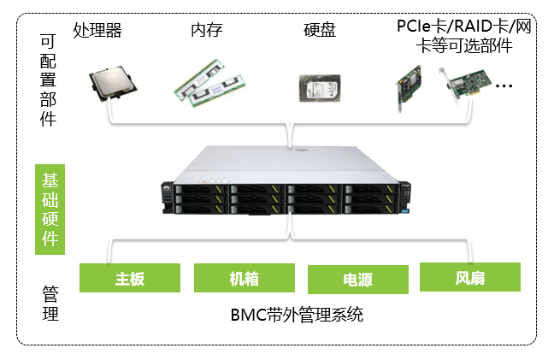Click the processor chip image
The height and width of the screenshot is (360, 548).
(x=113, y=84)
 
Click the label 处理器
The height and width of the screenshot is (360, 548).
(x=97, y=32)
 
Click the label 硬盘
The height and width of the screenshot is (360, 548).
(x=320, y=32)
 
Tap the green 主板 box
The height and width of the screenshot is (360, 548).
(x=130, y=278)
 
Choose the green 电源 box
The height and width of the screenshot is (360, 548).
(x=357, y=280)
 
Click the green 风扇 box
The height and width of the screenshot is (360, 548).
(x=470, y=278)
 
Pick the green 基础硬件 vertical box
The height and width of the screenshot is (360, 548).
(x=50, y=210)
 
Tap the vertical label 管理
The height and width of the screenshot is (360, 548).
(x=50, y=304)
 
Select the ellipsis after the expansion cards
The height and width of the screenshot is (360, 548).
(x=504, y=86)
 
